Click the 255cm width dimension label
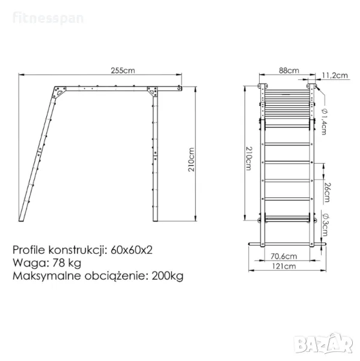click(123, 70)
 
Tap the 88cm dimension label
click(289, 70)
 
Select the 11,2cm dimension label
click(335, 75)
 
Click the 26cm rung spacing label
click(327, 193)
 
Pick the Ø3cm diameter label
click(325, 224)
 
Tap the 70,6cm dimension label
click(284, 256)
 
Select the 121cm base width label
click(284, 266)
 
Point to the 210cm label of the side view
click(191, 159)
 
